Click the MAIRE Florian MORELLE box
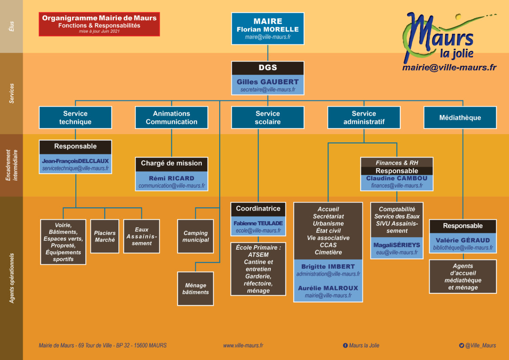[x=268, y=28]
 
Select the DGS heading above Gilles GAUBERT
[x=268, y=68]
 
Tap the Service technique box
[x=75, y=118]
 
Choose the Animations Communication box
[x=171, y=118]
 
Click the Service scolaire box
[x=268, y=118]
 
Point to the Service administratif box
[x=364, y=118]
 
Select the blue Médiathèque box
[x=460, y=118]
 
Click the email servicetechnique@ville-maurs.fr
[x=76, y=168]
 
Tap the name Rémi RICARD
[x=171, y=178]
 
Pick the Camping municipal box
[x=195, y=236]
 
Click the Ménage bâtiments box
[x=195, y=289]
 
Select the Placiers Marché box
[x=104, y=236]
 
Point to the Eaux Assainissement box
[x=141, y=236]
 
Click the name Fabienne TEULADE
[x=258, y=223]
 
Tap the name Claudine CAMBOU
[x=397, y=178]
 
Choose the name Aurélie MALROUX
[x=328, y=288]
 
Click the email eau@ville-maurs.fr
[x=397, y=252]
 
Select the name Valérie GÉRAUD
[x=462, y=240]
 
